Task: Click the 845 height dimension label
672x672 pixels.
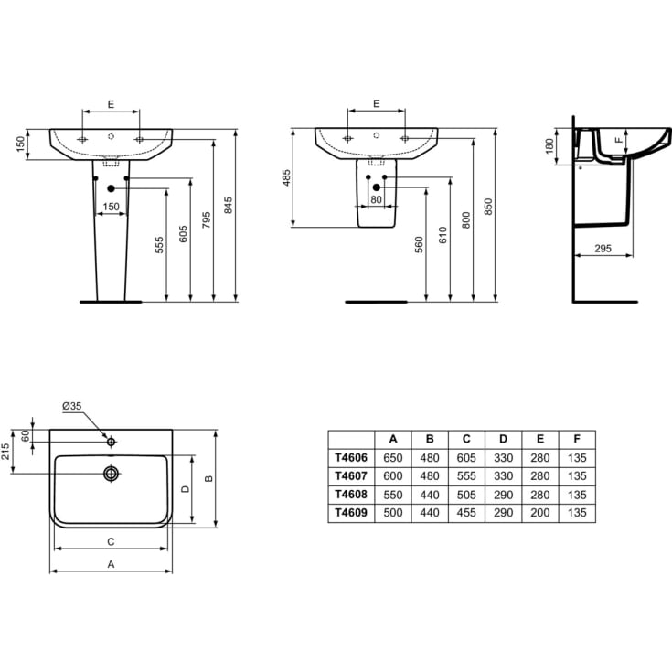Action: (229, 206)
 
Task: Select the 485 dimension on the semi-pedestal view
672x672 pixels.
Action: (286, 178)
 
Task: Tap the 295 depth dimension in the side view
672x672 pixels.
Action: (603, 249)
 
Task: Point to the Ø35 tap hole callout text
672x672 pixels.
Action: (71, 406)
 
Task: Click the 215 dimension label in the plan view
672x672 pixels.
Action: (5, 452)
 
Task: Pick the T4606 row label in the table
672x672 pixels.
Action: (351, 458)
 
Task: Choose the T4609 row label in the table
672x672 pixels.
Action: (351, 513)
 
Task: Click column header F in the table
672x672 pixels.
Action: (577, 439)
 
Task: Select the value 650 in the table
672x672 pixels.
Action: (392, 458)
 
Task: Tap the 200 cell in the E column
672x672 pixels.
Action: (540, 513)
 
